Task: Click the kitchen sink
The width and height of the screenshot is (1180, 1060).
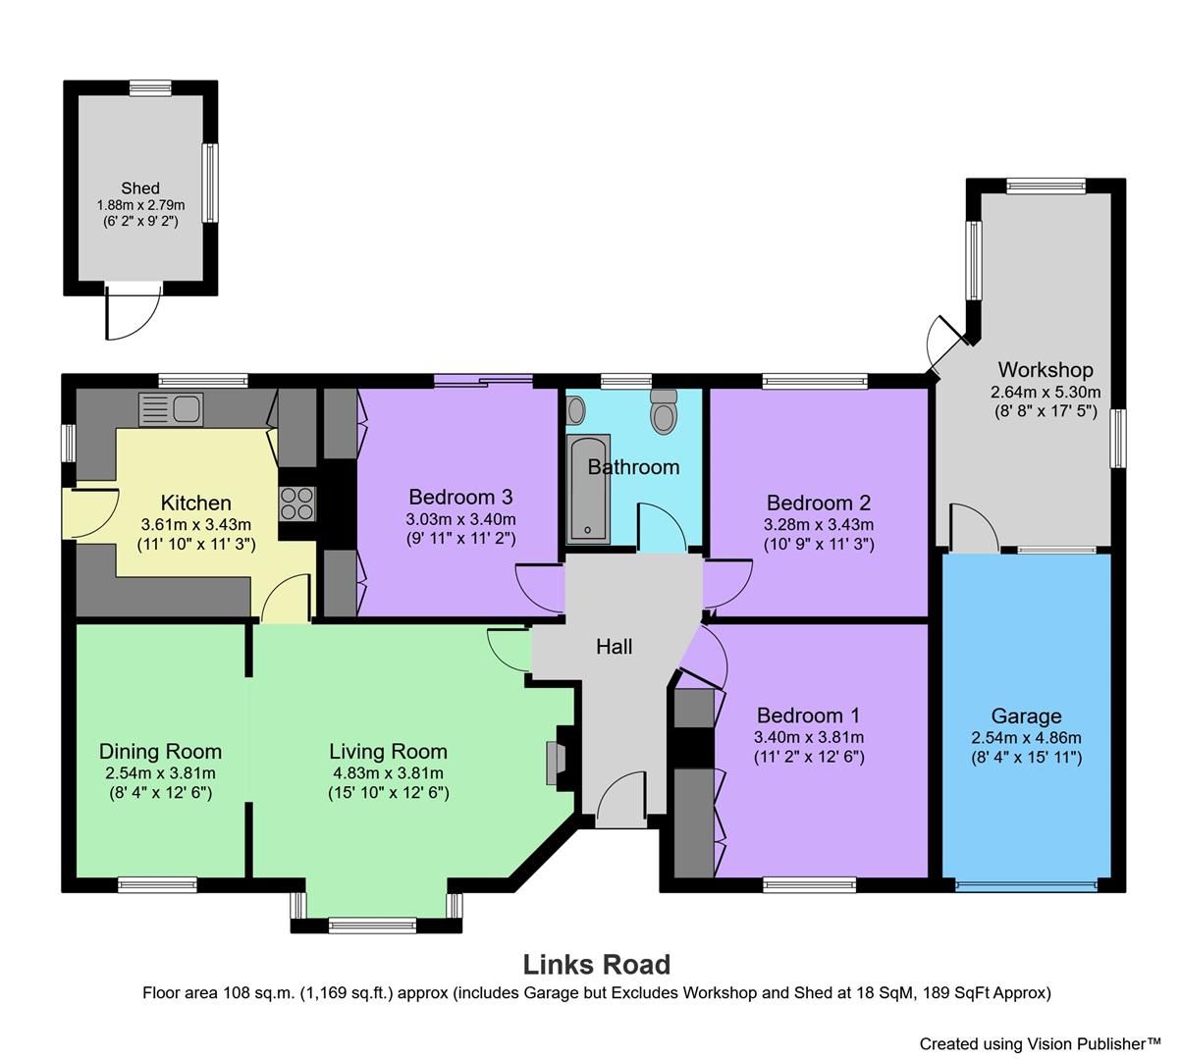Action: pos(171,408)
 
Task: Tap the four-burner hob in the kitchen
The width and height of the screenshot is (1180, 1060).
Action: pos(297,503)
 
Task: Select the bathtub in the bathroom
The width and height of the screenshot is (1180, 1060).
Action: pos(588,488)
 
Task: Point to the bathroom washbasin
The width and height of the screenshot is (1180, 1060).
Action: pos(576,408)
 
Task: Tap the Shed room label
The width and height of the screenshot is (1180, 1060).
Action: pos(140,188)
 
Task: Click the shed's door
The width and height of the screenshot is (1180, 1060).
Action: pos(133,312)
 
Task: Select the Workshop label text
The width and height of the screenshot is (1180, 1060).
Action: pos(1046,370)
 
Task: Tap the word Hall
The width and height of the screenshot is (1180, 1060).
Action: pos(615,646)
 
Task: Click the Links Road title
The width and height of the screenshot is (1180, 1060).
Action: pos(596,965)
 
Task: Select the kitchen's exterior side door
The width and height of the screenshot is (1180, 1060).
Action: pos(91,512)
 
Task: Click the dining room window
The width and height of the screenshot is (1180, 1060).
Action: pos(157,884)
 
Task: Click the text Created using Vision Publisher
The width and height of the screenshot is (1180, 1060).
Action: pos(1040,1043)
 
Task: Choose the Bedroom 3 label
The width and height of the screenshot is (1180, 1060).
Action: pos(460,497)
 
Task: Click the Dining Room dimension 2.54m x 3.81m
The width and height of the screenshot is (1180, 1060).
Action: pos(160,772)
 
